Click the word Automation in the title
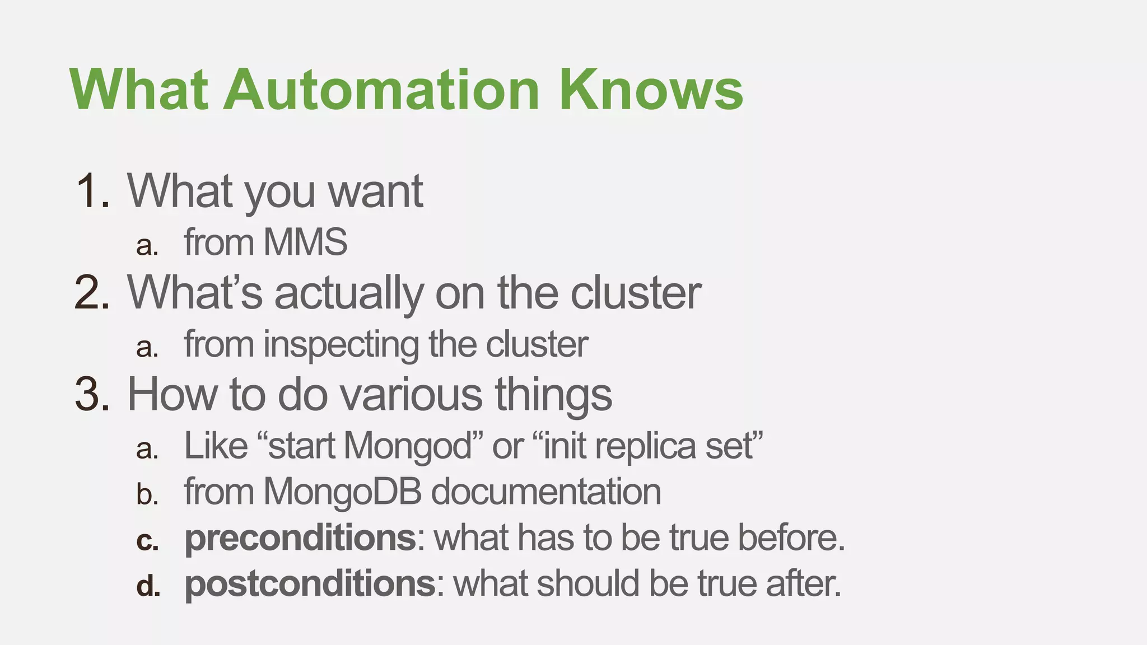point(381,90)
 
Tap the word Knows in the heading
point(651,90)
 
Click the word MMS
point(305,242)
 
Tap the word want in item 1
point(375,191)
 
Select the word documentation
point(546,492)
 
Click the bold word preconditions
point(300,538)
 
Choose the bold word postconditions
point(310,584)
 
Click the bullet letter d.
point(148,586)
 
